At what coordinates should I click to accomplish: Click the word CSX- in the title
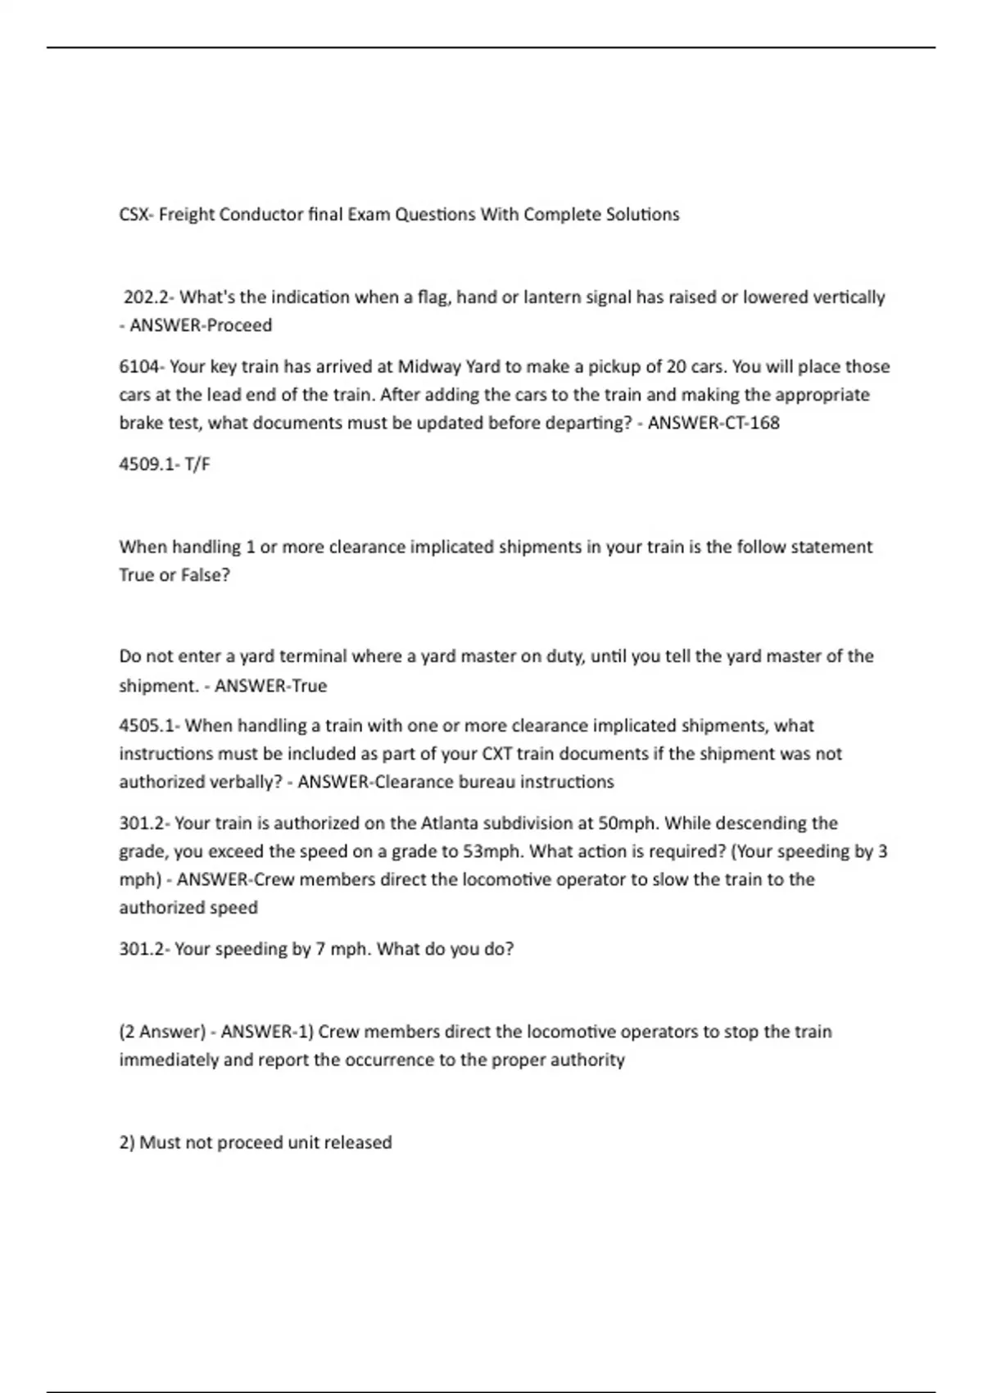pos(136,215)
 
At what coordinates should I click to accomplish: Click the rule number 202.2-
pos(149,297)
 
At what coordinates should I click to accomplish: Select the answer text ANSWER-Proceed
pos(201,325)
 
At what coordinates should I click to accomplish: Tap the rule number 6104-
pos(142,366)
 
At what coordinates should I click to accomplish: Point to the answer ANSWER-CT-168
pos(713,423)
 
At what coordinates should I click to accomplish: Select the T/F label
pos(197,464)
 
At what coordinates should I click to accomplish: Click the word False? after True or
pos(206,575)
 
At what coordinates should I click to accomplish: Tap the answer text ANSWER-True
pos(270,686)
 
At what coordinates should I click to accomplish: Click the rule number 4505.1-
pos(149,725)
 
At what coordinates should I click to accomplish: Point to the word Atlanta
pos(449,823)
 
